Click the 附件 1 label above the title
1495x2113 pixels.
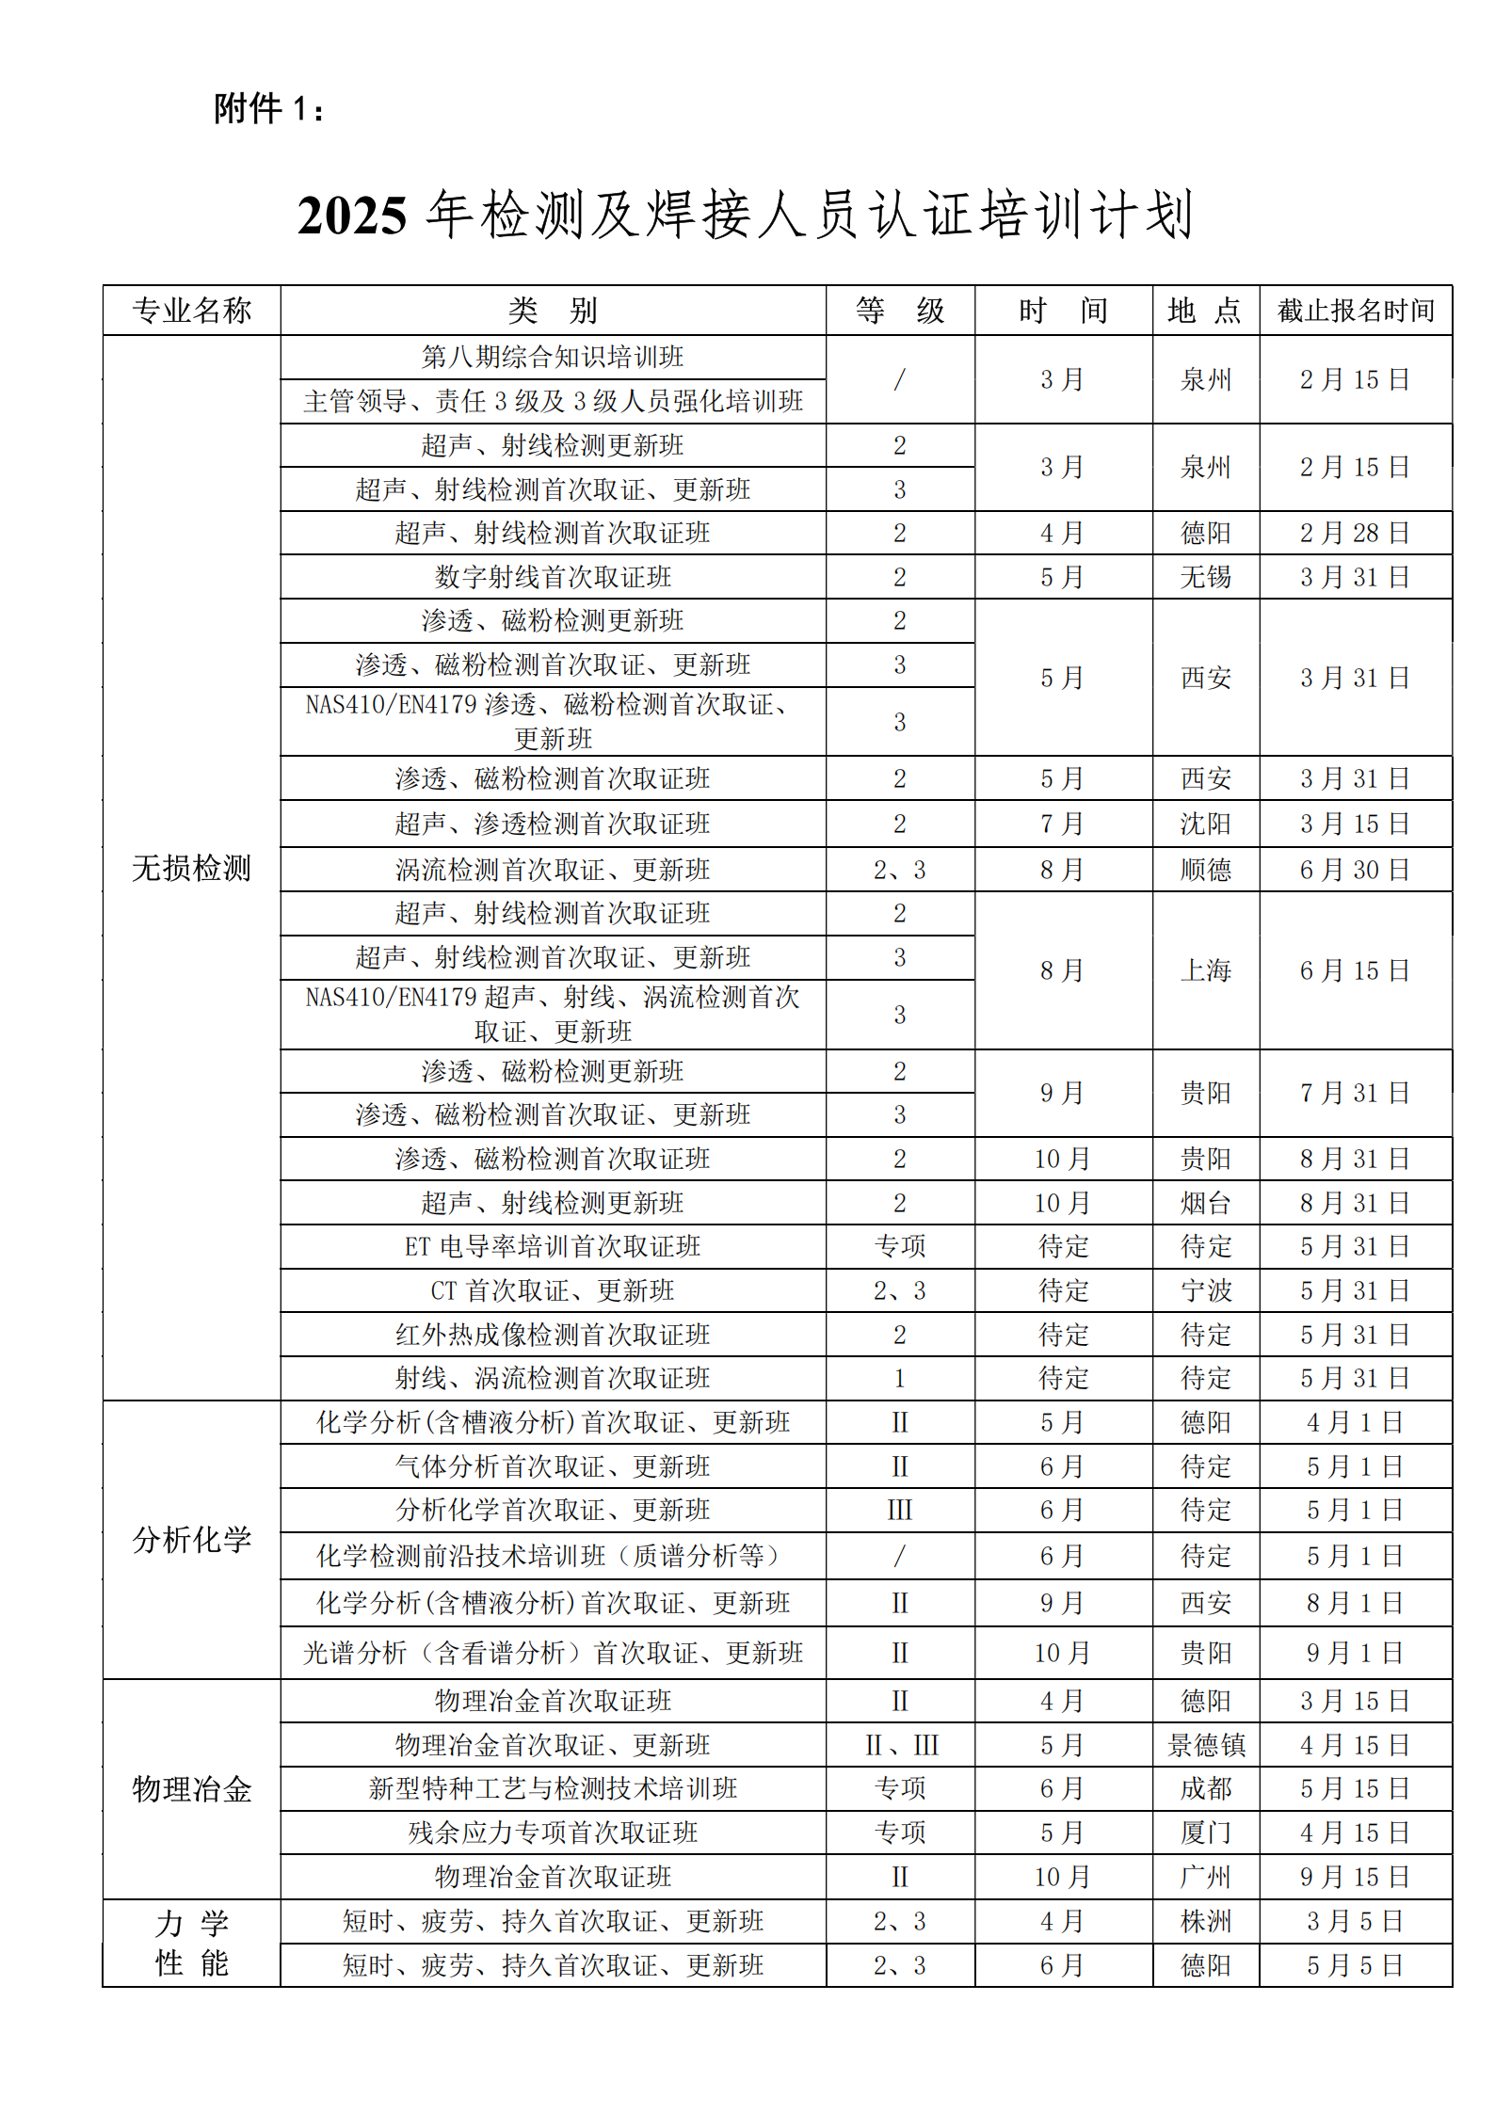tap(268, 109)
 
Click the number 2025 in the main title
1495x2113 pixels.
tap(352, 216)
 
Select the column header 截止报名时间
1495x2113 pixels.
tap(1355, 311)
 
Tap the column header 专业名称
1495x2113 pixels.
tap(192, 311)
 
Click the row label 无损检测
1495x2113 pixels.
tap(192, 868)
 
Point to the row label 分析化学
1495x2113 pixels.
tap(192, 1539)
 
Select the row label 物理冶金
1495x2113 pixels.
tap(192, 1788)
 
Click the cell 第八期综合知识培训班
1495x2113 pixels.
tap(553, 358)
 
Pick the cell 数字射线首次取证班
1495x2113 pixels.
tap(553, 577)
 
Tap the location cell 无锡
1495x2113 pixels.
tap(1206, 577)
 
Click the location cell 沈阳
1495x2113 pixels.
tap(1206, 824)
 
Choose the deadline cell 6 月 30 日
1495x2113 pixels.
tap(1355, 870)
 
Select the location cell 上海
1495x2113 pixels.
tap(1206, 970)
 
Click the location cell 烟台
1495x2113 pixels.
tap(1206, 1203)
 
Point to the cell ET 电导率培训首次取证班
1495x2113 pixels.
tap(553, 1247)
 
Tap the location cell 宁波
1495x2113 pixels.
tap(1206, 1290)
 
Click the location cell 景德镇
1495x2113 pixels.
tap(1206, 1745)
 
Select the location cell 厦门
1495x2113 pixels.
tap(1206, 1833)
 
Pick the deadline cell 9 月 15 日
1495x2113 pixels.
tap(1355, 1877)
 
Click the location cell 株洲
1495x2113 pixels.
tap(1206, 1921)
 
